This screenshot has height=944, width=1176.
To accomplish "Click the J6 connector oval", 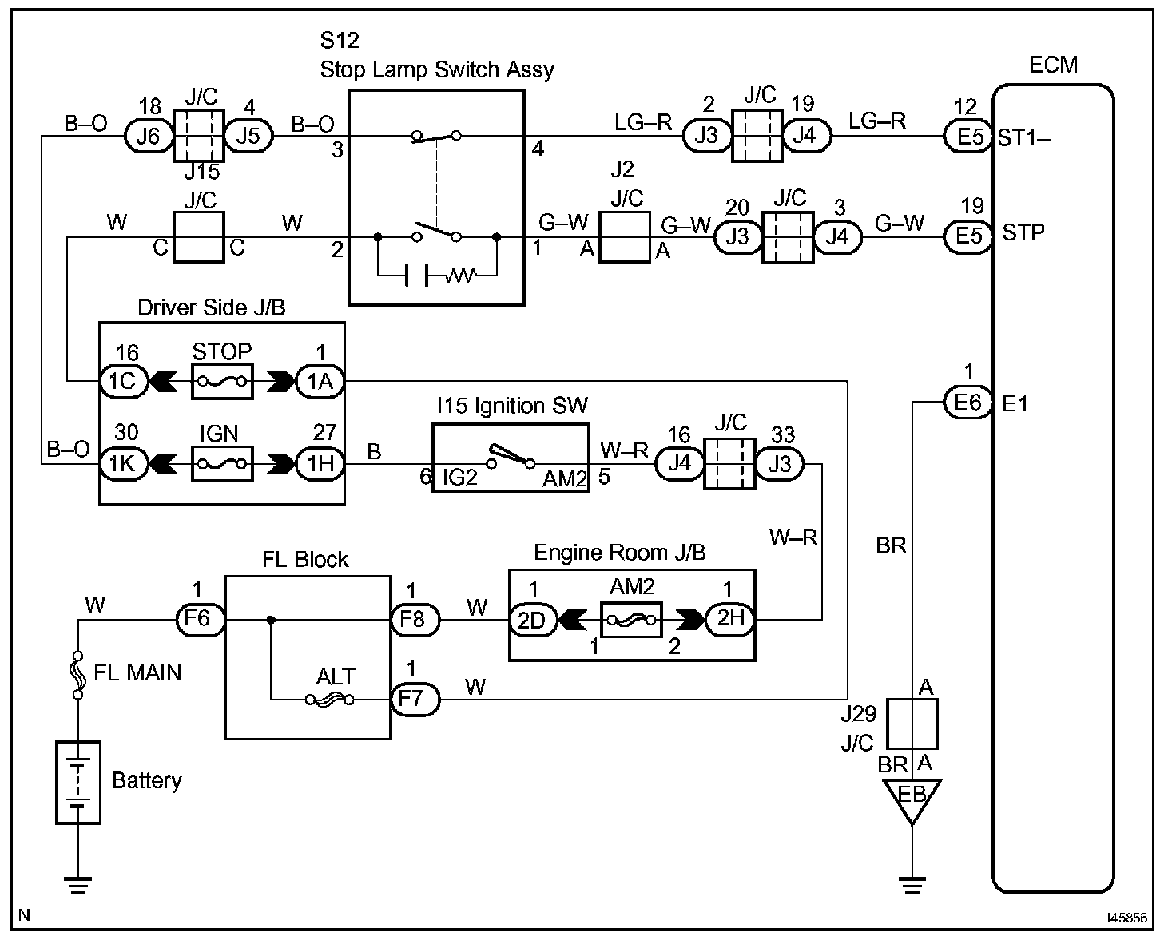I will pos(149,136).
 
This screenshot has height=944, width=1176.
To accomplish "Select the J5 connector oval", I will pos(248,136).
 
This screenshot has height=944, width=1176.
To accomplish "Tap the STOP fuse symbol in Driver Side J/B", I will pos(222,382).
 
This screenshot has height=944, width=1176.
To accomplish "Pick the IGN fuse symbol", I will pos(222,463).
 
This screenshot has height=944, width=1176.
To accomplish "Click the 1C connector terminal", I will pos(123,382).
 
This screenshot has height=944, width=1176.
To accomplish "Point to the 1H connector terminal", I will pos(320,463).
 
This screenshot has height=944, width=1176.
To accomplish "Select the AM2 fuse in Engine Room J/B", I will pos(631,619).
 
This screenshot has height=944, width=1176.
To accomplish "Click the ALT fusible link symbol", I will pos(329,700).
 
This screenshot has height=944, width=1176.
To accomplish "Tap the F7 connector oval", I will pos(415,700).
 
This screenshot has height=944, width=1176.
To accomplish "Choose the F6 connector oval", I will pos(200,619).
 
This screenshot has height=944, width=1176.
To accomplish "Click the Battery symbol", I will pos(78,781).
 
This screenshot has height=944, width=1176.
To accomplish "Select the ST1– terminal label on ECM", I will pos(1023,138).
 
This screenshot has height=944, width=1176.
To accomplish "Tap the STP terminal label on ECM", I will pos(1023,233).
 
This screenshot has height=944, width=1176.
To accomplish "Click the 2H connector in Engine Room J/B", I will pos(729,619).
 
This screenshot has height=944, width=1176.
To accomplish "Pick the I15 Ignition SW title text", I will pos(511,406).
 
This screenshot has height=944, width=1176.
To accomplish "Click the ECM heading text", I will pos(1053,65).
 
